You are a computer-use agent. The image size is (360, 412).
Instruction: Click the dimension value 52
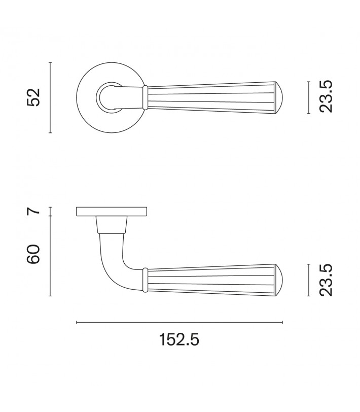coord(33,97)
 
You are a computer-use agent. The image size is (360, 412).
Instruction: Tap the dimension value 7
coord(33,211)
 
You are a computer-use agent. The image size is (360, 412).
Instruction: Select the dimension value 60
coord(33,254)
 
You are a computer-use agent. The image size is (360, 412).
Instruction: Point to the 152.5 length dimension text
coord(179,339)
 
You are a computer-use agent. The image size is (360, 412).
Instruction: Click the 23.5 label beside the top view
coord(326,96)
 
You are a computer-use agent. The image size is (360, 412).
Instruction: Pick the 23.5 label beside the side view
coord(326,280)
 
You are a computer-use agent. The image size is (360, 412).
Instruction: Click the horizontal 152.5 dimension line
coord(179,322)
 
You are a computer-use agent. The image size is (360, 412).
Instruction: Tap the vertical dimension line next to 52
coord(50,97)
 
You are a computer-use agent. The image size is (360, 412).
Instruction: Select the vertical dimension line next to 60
coord(50,256)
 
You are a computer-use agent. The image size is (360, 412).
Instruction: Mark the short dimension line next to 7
coord(50,212)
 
